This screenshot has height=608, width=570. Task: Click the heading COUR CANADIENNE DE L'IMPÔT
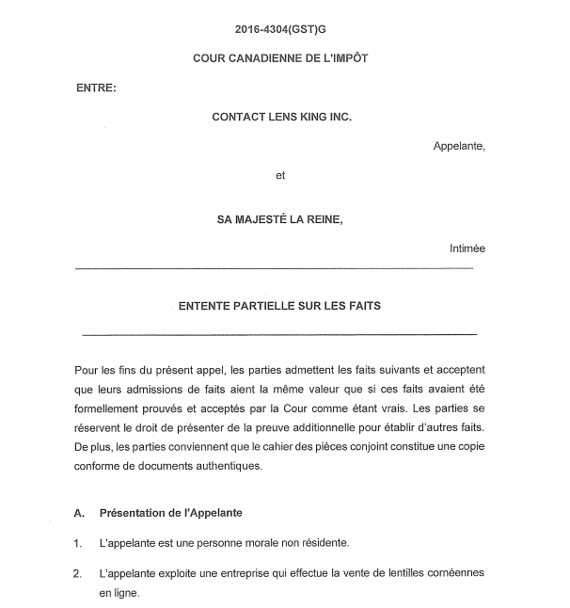point(280,57)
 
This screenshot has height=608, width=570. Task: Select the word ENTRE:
point(96,88)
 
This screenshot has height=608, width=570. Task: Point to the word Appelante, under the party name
point(459,145)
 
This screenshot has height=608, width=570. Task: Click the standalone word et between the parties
point(280,175)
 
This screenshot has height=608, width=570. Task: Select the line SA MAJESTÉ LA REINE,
point(281,218)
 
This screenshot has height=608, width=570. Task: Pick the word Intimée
point(467,248)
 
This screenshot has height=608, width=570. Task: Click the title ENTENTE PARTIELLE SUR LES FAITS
point(280,306)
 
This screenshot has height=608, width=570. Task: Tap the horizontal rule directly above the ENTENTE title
point(273,268)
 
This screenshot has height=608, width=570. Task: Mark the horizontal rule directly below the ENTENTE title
point(279,335)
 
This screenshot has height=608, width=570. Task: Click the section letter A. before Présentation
point(80,513)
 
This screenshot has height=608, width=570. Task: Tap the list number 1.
point(77,543)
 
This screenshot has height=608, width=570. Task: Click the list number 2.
point(77,573)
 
